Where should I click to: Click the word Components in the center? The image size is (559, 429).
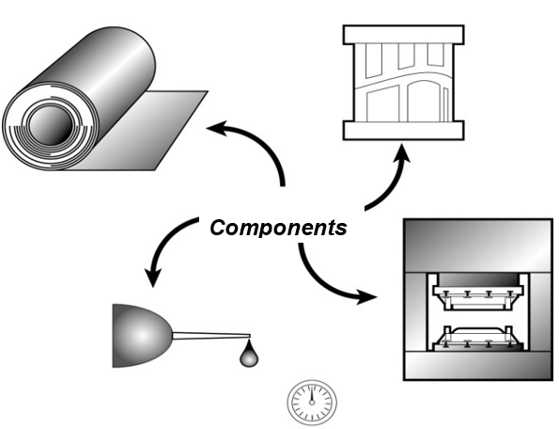277,228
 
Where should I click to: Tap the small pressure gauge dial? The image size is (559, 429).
310,402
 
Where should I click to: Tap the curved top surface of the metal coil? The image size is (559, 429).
103,56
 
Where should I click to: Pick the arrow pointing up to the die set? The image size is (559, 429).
390,179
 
